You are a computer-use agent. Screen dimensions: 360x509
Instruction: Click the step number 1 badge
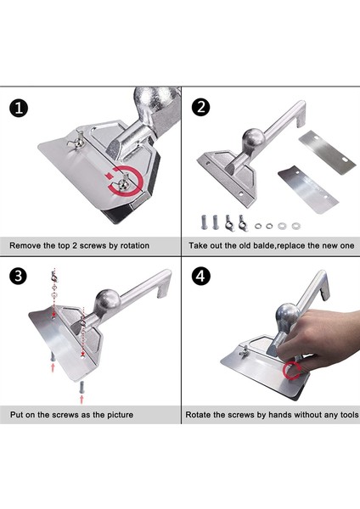click(x=19, y=108)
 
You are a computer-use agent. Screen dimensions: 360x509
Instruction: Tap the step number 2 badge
click(x=200, y=107)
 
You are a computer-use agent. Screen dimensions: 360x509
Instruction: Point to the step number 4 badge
click(x=200, y=277)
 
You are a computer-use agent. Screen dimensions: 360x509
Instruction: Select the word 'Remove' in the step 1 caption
click(x=22, y=245)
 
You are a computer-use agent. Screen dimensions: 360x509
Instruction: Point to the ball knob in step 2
click(x=253, y=138)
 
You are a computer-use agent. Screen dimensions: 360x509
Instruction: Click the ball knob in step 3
click(x=107, y=301)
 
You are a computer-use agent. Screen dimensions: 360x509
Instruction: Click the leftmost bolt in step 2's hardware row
click(x=204, y=222)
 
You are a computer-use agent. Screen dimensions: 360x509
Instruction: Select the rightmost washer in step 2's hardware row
click(x=295, y=226)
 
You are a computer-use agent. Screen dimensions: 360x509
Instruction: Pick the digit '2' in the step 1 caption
click(x=74, y=245)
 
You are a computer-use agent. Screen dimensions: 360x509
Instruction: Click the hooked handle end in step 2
click(x=301, y=115)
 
